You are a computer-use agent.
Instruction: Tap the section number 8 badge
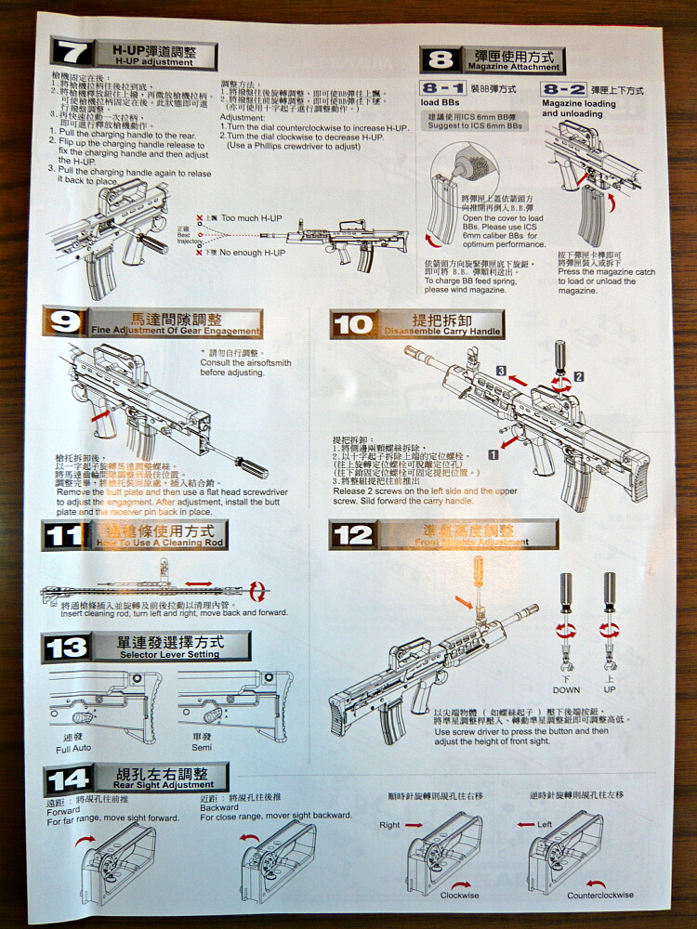click(440, 60)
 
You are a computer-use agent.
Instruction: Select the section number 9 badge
click(65, 322)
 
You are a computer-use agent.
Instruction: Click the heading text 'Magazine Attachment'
click(514, 67)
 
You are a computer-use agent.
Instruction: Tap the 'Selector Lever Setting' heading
click(170, 654)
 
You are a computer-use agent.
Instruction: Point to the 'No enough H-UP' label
click(252, 252)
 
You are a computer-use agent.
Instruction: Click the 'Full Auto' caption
click(74, 748)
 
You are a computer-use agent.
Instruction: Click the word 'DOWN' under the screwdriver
click(566, 690)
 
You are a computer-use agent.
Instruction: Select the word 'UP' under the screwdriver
click(610, 690)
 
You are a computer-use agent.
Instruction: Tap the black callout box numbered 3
click(500, 371)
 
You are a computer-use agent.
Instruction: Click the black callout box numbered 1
click(493, 455)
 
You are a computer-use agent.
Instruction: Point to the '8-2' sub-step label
click(563, 90)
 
